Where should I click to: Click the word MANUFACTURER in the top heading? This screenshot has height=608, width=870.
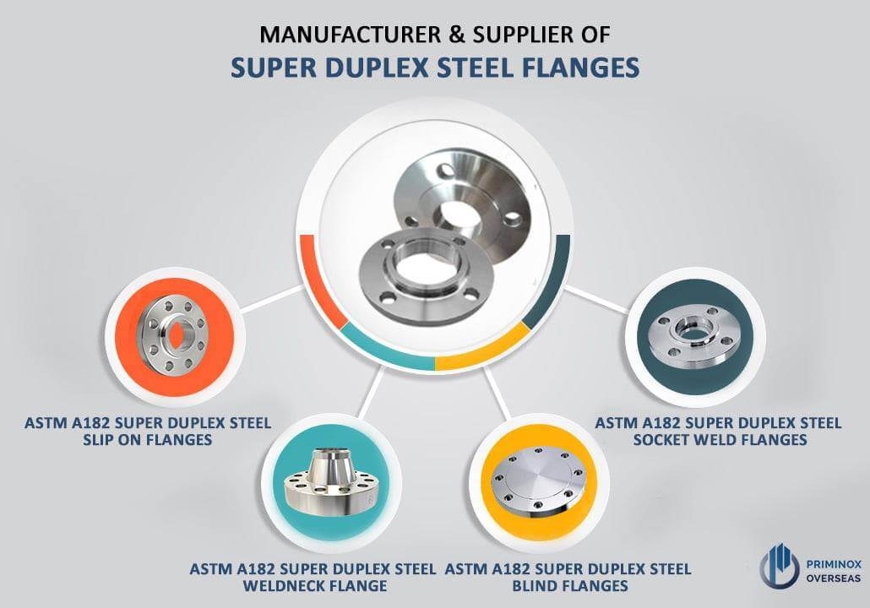click(350, 35)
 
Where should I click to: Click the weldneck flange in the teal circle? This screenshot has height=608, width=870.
click(330, 482)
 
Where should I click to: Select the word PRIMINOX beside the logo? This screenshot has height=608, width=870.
click(834, 564)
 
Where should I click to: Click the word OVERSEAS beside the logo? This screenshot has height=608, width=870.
click(834, 578)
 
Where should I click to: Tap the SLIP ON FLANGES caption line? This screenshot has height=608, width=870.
click(148, 440)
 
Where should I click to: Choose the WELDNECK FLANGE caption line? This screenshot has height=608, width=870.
click(314, 586)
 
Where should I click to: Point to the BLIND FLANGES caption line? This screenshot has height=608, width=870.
click(570, 586)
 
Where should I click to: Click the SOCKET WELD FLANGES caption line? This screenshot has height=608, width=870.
click(720, 440)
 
